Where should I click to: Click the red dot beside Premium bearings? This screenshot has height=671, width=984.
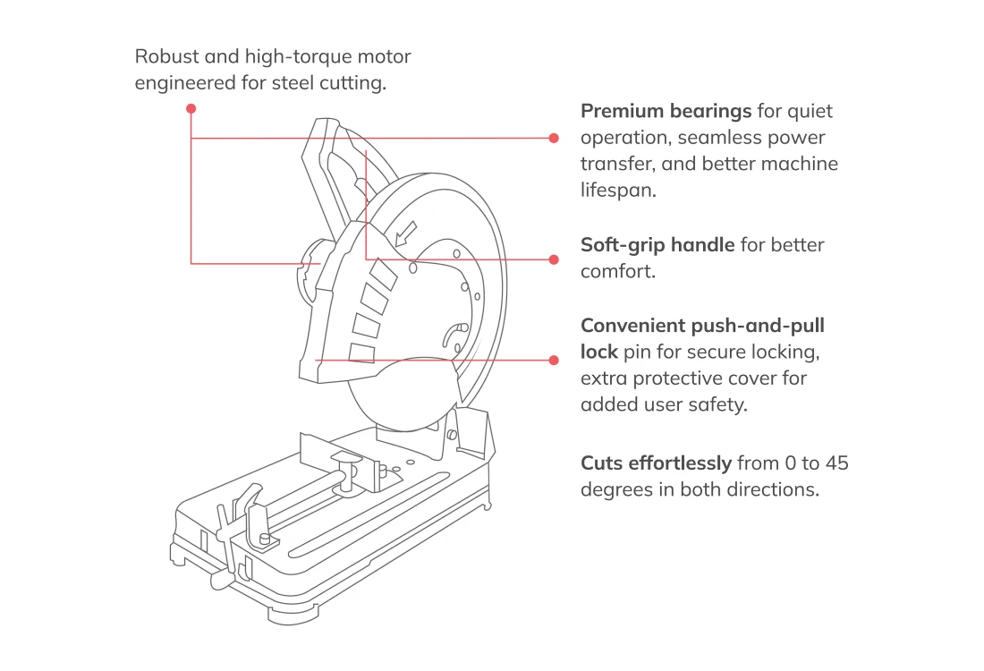(x=554, y=138)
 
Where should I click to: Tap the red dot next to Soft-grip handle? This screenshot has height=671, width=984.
(x=554, y=259)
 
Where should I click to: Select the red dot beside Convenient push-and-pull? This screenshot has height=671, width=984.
(x=554, y=360)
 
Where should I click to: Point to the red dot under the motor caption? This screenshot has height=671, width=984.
(x=191, y=108)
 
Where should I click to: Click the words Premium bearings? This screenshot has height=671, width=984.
(x=666, y=112)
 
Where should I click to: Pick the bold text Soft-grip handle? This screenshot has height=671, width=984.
(x=657, y=245)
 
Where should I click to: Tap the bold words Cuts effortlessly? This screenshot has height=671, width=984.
(x=656, y=463)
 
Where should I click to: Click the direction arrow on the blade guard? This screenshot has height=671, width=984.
(x=405, y=233)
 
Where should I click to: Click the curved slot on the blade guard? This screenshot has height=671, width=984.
(x=453, y=335)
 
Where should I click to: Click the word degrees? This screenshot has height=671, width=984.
(x=618, y=490)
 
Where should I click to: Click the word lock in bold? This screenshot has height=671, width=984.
(x=599, y=352)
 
